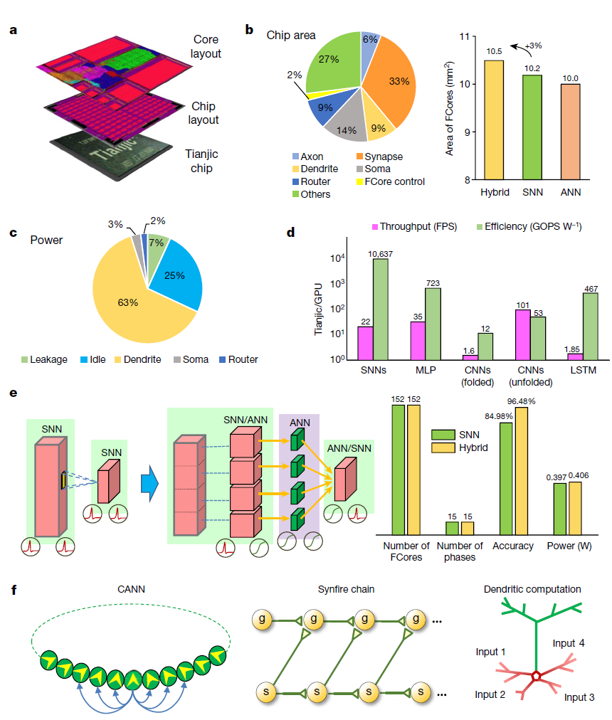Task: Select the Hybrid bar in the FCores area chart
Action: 493,121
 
